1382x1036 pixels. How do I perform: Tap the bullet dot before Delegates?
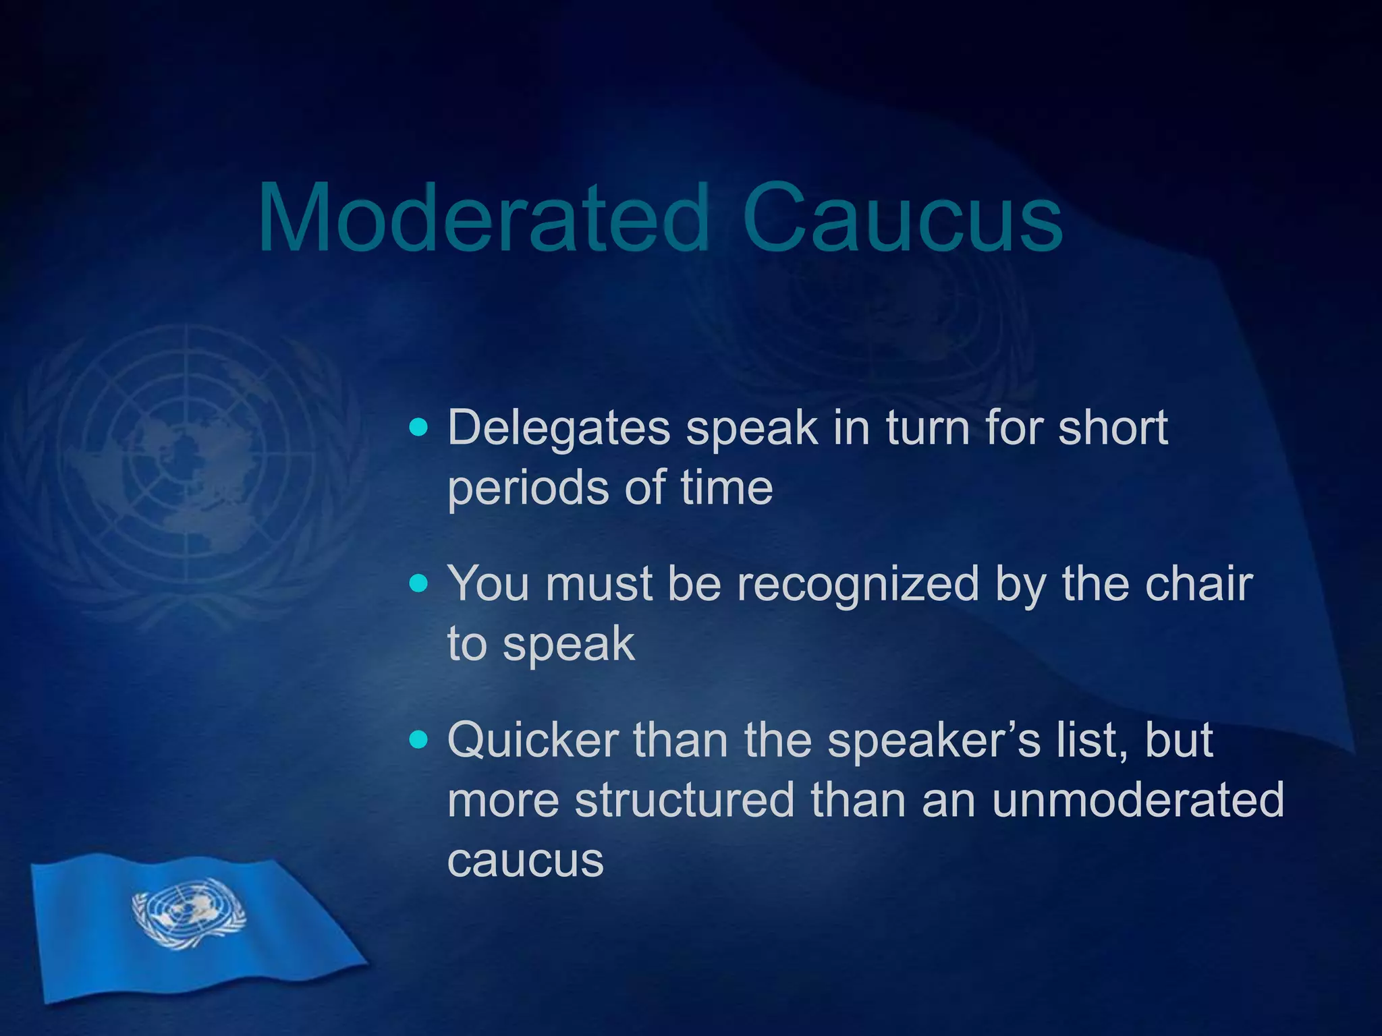[x=419, y=427]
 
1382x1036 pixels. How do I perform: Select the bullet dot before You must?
[x=419, y=583]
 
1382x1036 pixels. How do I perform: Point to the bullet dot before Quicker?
[x=419, y=740]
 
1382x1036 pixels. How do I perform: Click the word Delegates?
[x=559, y=428]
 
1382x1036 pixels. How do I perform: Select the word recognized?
[x=858, y=584]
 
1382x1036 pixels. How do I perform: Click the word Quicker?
[x=532, y=741]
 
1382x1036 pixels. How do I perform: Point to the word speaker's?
[x=925, y=741]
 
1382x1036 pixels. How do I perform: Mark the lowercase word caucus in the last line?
[x=525, y=861]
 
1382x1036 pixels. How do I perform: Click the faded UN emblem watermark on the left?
[x=186, y=465]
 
